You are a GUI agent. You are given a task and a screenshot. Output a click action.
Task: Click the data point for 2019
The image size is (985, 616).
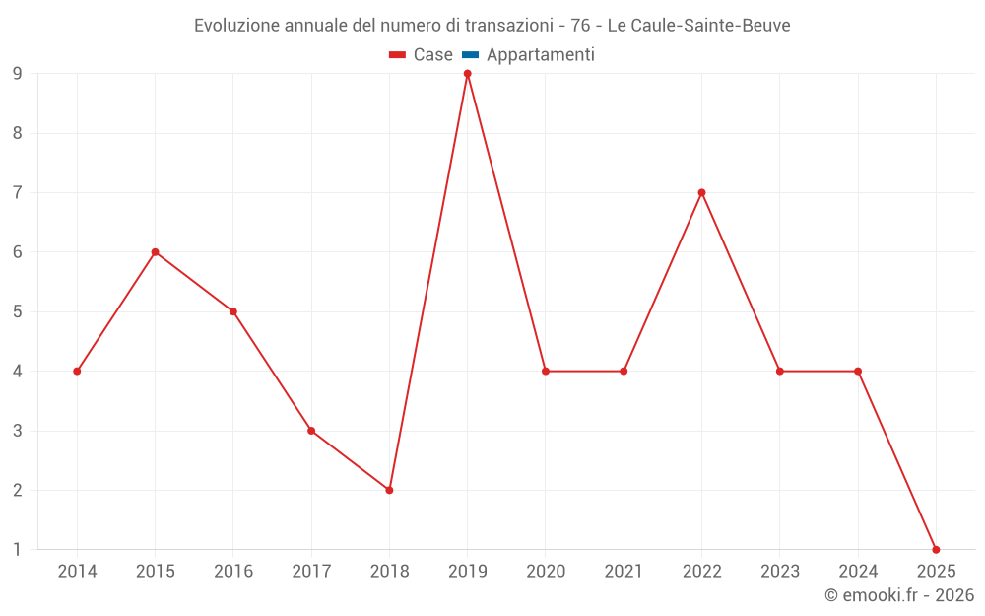(467, 74)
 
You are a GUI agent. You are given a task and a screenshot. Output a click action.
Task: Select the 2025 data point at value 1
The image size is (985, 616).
(936, 550)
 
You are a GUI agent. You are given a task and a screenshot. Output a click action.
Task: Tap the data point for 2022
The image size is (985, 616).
(701, 192)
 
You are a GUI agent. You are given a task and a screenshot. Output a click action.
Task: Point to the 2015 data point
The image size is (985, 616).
(155, 252)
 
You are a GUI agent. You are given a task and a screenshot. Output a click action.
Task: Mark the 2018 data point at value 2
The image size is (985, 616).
(389, 490)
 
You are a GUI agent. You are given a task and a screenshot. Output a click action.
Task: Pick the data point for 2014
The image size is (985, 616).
(77, 371)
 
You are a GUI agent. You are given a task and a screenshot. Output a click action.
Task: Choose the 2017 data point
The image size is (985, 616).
(311, 431)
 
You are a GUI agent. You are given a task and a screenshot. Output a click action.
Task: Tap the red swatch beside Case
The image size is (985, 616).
(398, 55)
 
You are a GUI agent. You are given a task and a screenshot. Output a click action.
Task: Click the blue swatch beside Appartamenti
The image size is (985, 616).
(470, 55)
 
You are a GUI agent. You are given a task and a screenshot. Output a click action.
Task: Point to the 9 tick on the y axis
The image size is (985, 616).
(17, 74)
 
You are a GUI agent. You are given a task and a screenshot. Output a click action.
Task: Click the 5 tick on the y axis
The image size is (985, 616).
(17, 311)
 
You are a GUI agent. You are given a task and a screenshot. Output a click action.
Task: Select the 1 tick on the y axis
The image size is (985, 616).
(17, 550)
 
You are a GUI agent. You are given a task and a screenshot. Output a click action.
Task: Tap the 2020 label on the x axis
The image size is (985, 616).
(546, 572)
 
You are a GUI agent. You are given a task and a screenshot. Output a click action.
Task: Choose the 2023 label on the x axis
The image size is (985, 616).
(780, 572)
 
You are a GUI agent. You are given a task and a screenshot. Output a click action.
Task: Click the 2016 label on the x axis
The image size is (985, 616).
(233, 572)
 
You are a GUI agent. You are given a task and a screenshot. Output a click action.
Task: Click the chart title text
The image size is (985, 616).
(492, 26)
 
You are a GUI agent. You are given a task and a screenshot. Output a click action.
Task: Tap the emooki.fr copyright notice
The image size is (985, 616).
(899, 595)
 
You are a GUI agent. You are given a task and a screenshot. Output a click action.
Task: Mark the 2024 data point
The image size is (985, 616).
(858, 371)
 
